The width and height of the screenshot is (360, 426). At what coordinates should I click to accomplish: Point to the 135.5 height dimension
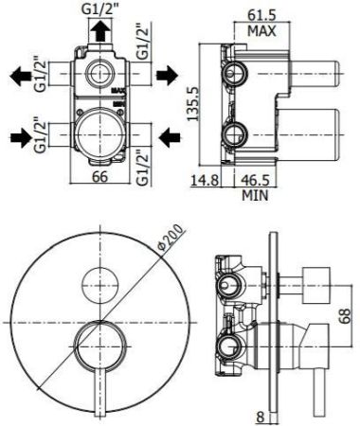(x=195, y=97)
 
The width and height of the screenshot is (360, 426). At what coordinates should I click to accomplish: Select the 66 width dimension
(x=97, y=176)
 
